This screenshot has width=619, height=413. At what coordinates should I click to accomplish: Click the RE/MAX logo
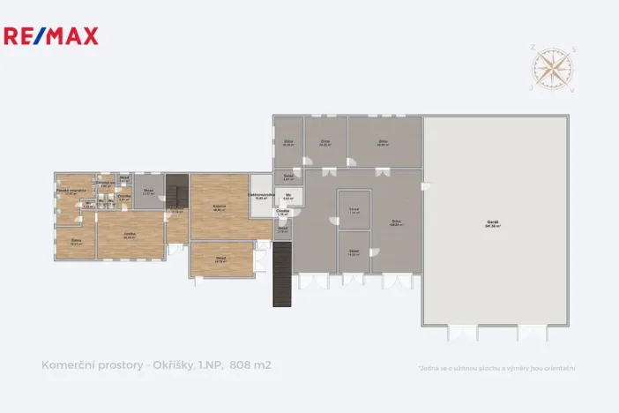51,36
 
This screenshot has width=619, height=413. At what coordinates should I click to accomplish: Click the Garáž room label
492,224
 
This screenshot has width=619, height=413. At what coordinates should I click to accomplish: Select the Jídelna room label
130,235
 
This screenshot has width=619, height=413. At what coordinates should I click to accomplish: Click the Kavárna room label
219,207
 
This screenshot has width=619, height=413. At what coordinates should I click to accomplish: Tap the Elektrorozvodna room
260,196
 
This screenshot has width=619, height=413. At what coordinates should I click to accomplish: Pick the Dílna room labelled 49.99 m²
383,142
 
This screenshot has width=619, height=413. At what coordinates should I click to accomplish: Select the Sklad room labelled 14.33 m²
353,252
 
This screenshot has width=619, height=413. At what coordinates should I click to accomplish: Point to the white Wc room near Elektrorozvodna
288,196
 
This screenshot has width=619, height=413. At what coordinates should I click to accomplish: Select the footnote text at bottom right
496,368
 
